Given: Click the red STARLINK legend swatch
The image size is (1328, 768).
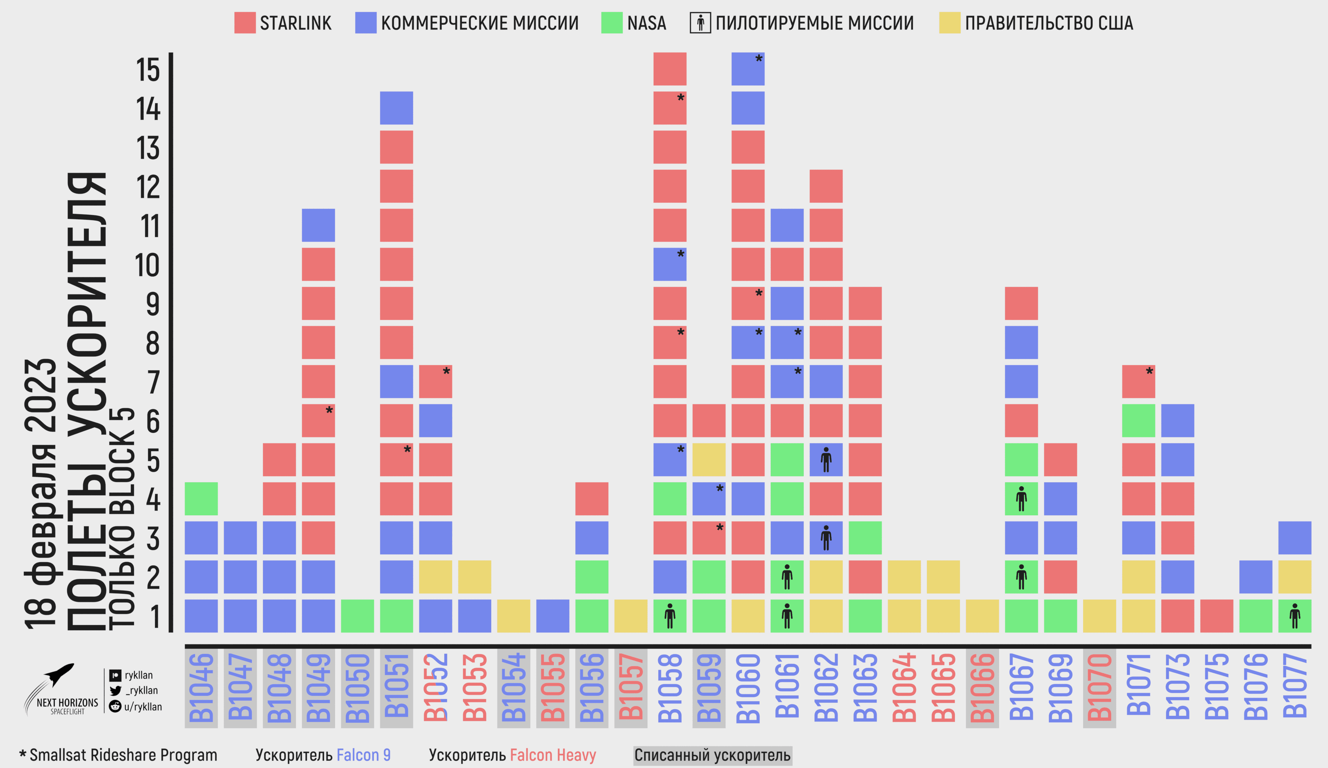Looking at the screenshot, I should tap(244, 23).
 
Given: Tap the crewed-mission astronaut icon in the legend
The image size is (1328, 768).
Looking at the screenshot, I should tap(700, 23).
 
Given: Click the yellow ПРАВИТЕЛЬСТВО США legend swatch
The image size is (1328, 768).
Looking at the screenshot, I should tap(950, 23).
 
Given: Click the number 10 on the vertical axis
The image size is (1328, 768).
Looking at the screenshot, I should tap(147, 265).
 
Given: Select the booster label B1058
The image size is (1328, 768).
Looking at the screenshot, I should tap(670, 688).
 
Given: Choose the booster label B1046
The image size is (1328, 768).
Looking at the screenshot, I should tap(201, 688).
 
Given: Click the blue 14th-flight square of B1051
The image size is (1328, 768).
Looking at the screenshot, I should tap(396, 108).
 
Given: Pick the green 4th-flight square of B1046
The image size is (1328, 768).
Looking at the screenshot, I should tap(201, 499).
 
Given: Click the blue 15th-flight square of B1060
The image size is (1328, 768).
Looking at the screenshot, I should tap(748, 69).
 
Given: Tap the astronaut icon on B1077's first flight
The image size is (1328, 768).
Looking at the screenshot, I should tap(1295, 616).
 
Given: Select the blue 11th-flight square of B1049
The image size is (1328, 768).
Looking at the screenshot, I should tap(318, 225).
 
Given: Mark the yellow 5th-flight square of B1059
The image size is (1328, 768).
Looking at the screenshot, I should tap(709, 460).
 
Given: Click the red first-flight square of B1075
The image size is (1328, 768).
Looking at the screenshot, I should tap(1216, 616).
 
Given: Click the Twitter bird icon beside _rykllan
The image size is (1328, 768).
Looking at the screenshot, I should tap(116, 690).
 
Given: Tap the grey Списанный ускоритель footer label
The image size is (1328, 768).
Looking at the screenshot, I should tap(712, 755).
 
